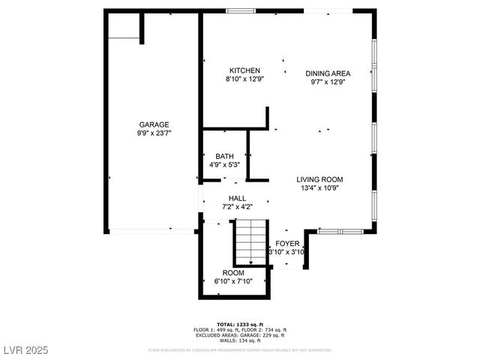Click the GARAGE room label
click(153, 124)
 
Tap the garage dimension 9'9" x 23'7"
click(153, 133)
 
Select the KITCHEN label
click(244, 70)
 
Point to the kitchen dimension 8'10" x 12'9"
click(244, 79)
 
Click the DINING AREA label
click(328, 73)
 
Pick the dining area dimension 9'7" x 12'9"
click(328, 82)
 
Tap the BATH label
click(224, 156)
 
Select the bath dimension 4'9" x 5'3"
click(224, 164)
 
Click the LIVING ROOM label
click(319, 179)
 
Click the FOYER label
click(287, 244)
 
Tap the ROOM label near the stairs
click(232, 273)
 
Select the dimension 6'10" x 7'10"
click(232, 281)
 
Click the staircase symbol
click(249, 240)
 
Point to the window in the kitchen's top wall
click(240, 10)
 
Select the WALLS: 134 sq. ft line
click(239, 340)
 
